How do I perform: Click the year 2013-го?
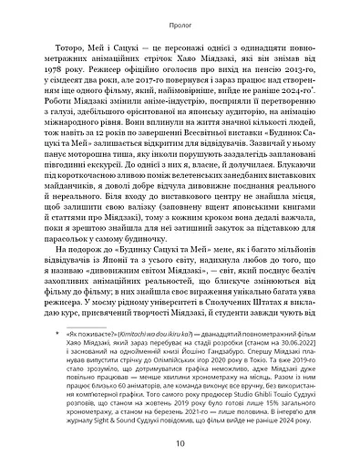tap(265, 80)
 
